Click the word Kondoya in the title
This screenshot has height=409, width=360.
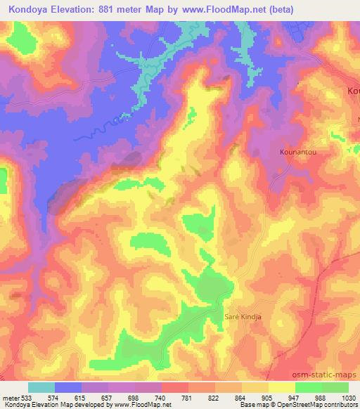[26, 10]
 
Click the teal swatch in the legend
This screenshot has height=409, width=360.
[41, 387]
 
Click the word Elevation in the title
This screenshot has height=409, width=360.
[72, 10]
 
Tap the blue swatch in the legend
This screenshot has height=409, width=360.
[67, 387]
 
